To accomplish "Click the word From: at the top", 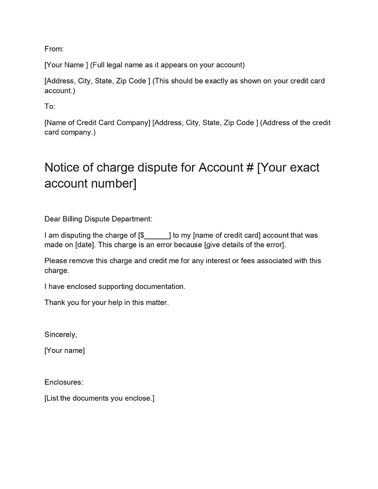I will pos(54,49).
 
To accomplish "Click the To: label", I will pos(50,106).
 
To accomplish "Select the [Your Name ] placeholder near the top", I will pos(66,65).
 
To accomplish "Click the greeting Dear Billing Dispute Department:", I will pos(98,219).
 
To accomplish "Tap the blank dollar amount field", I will pos(156,235).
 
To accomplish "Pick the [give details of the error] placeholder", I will pos(244,245).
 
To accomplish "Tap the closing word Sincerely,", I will pos(61,335).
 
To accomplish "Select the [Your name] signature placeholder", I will pos(65,351).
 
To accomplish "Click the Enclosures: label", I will pos(64,383).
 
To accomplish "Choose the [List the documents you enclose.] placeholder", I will pos(99,399).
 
